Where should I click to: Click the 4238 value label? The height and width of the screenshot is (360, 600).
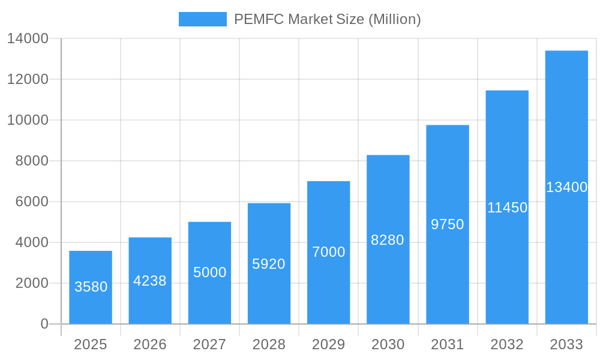click(150, 281)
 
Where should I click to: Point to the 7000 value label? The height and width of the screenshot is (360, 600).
click(329, 252)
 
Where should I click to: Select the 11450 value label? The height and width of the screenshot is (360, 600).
click(507, 208)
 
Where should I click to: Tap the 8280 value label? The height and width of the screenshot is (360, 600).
click(388, 240)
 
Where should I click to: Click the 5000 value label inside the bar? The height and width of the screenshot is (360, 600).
click(209, 272)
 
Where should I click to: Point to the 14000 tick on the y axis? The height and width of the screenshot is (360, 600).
click(28, 38)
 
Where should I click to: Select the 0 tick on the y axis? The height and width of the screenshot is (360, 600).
click(44, 324)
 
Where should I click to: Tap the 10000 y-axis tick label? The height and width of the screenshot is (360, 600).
click(28, 120)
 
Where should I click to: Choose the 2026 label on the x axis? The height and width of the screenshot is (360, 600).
click(150, 344)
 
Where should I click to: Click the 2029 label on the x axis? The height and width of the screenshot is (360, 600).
click(329, 344)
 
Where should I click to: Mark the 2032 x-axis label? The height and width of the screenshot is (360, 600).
click(507, 344)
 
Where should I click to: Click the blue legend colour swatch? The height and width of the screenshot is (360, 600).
click(203, 19)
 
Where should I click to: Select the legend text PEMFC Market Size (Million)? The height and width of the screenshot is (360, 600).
click(328, 19)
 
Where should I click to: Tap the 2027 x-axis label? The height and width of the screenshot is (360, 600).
click(209, 344)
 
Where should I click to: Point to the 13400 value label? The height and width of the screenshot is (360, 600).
click(566, 187)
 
